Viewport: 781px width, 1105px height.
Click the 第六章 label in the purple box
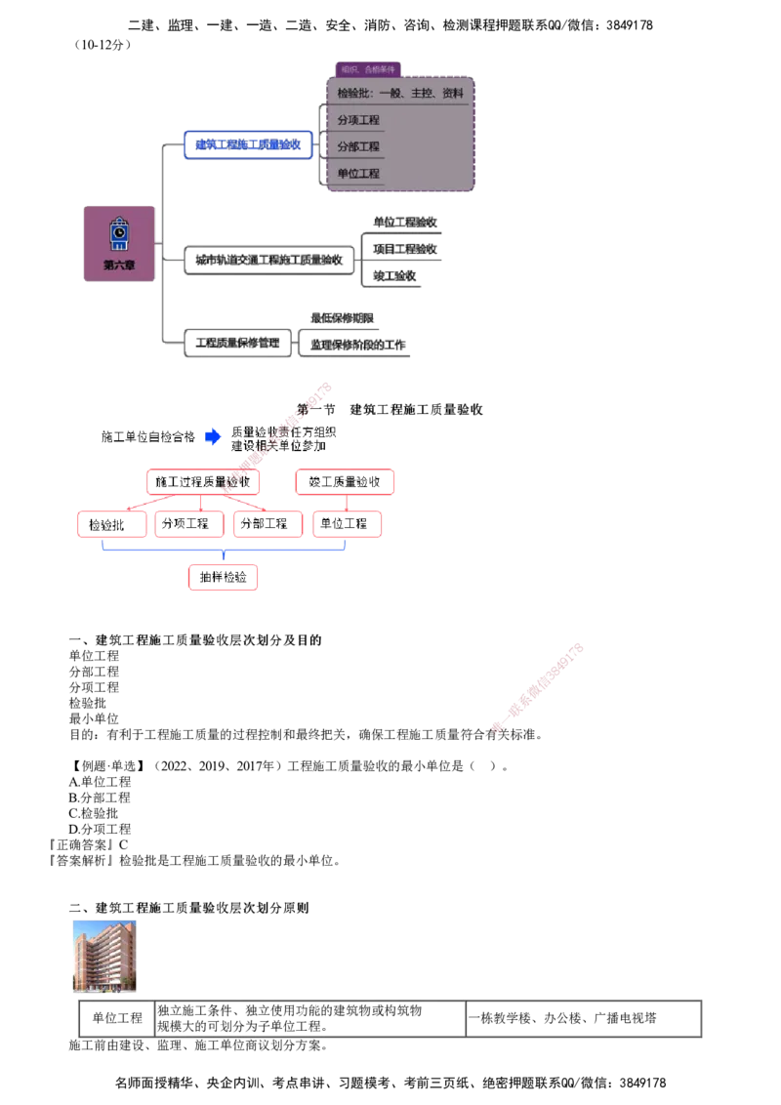[x=119, y=265]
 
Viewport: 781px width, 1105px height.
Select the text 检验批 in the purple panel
[x=349, y=94]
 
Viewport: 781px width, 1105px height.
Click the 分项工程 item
[x=358, y=120]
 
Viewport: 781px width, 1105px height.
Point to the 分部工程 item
[x=358, y=146]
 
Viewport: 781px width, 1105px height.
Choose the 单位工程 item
[x=358, y=174]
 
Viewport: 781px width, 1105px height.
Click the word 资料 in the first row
[x=452, y=94]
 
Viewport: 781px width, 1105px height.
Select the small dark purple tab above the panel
[x=369, y=69]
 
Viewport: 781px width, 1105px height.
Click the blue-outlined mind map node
[x=249, y=145]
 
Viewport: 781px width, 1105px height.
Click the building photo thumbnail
[x=105, y=952]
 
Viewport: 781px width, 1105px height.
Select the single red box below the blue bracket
[x=226, y=578]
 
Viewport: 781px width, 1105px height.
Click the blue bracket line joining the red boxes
[x=226, y=552]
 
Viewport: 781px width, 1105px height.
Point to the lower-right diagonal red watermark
[x=538, y=687]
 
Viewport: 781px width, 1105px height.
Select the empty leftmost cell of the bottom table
[x=115, y=1019]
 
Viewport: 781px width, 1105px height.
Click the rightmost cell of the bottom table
[x=582, y=1019]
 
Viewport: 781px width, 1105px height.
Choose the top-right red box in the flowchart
[x=347, y=482]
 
